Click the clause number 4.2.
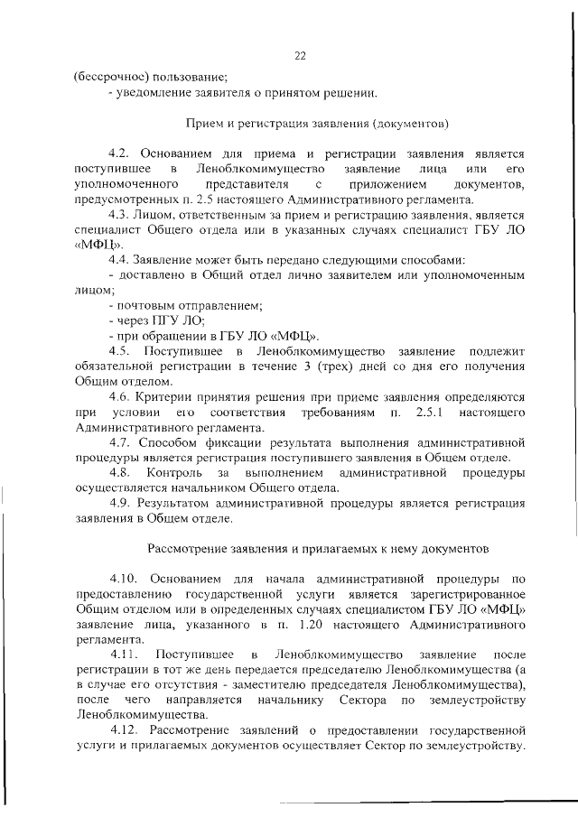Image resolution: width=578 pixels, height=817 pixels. tap(120, 153)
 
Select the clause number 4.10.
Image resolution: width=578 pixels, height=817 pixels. tap(124, 579)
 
